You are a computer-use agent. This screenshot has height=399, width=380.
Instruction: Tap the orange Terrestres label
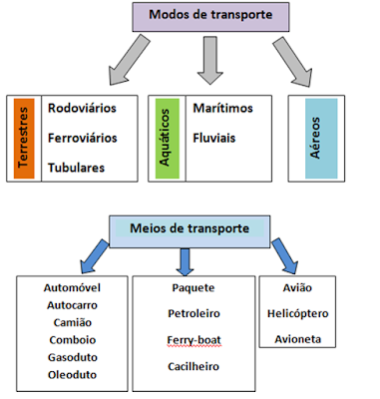[26, 137]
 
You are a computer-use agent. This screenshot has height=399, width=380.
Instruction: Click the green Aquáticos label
[167, 137]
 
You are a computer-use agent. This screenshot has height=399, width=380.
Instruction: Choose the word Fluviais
[214, 136]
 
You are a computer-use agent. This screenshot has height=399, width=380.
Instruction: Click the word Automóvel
[71, 287]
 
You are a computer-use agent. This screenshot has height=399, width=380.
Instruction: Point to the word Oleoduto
[71, 375]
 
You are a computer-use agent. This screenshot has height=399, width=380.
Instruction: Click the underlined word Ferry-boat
[193, 341]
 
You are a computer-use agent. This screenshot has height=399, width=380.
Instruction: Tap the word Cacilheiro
[193, 367]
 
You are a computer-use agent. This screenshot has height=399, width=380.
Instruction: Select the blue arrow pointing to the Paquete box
[186, 261]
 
